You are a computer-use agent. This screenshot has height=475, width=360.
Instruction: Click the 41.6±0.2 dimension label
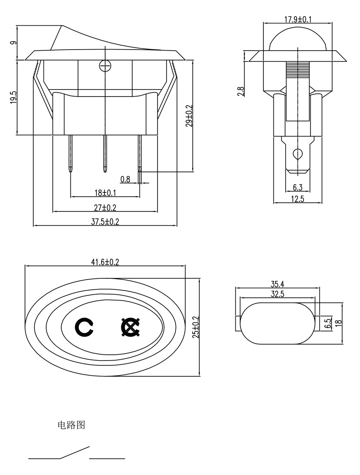pyautogui.click(x=105, y=262)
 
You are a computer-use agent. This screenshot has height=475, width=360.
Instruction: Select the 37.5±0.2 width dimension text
pyautogui.click(x=105, y=222)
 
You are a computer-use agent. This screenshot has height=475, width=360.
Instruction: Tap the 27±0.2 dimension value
pyautogui.click(x=105, y=207)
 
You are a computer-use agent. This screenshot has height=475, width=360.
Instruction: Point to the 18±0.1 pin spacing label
pyautogui.click(x=105, y=193)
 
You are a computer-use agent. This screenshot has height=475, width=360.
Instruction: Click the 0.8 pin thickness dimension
pyautogui.click(x=125, y=179)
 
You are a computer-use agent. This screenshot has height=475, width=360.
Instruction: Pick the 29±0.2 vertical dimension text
pyautogui.click(x=189, y=116)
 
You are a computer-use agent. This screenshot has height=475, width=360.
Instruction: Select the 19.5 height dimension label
pyautogui.click(x=14, y=97)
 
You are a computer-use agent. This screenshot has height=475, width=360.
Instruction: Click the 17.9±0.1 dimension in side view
pyautogui.click(x=298, y=19)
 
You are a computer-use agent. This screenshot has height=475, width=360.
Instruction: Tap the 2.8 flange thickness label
pyautogui.click(x=241, y=91)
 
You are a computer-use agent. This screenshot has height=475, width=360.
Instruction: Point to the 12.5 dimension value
pyautogui.click(x=297, y=199)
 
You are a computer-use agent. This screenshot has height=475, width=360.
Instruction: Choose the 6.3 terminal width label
pyautogui.click(x=297, y=187)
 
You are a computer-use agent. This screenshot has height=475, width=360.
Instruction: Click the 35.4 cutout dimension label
pyautogui.click(x=277, y=284)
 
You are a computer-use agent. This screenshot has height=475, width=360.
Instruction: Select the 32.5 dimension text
pyautogui.click(x=277, y=294)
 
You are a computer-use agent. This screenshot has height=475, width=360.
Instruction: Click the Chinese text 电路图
pyautogui.click(x=71, y=426)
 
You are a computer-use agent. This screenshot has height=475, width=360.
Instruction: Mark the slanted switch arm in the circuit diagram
pyautogui.click(x=75, y=452)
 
